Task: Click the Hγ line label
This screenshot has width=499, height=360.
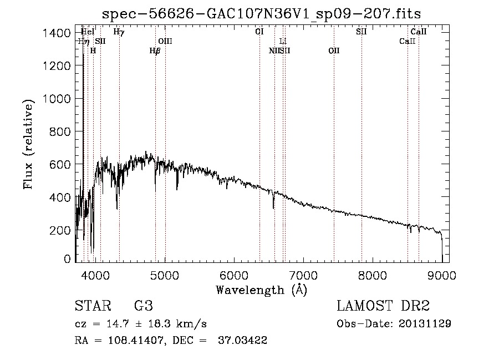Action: pyautogui.click(x=119, y=32)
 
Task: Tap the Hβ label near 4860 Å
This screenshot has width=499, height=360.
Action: pyautogui.click(x=155, y=50)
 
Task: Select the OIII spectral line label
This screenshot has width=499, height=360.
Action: pyautogui.click(x=165, y=41)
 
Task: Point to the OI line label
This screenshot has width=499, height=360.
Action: pyautogui.click(x=259, y=32)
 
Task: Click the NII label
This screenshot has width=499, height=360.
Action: pyautogui.click(x=274, y=50)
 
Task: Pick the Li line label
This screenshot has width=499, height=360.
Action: pyautogui.click(x=283, y=41)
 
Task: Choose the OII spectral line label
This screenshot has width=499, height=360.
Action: pyautogui.click(x=333, y=50)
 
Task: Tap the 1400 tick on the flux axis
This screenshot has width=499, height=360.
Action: pyautogui.click(x=57, y=33)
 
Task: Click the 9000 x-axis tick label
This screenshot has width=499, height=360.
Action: pyautogui.click(x=442, y=275)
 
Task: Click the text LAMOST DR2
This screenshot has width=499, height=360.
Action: pyautogui.click(x=383, y=306)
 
